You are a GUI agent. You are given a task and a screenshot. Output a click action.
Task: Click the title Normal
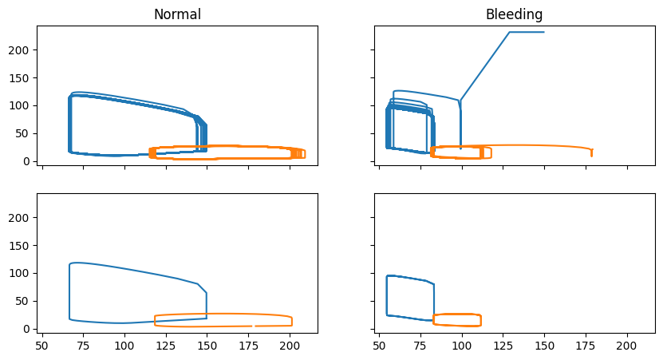pos(177,14)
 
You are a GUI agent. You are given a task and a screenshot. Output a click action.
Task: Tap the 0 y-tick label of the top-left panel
pos(27,161)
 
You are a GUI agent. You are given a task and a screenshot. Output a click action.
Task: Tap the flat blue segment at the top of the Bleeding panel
pos(527,32)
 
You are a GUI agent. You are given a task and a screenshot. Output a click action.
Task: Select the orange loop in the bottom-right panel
pos(457,315)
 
